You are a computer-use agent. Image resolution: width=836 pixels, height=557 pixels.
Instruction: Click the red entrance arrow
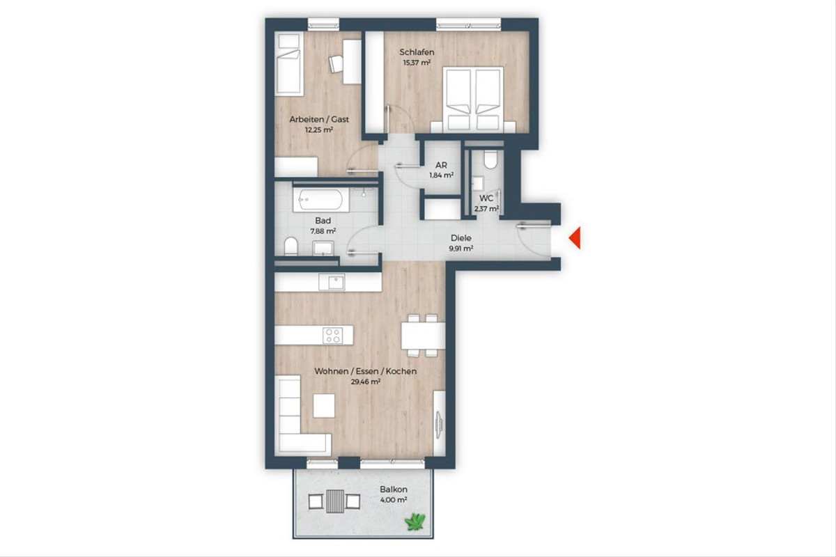575,238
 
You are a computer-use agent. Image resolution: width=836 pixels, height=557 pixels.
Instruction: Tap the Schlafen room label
417,52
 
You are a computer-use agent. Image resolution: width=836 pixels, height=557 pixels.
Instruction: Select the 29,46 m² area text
366,382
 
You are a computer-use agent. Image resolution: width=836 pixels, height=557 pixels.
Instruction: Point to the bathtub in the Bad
321,200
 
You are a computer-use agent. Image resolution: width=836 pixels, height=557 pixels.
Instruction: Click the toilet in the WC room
490,159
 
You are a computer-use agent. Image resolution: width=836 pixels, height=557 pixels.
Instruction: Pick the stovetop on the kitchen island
332,335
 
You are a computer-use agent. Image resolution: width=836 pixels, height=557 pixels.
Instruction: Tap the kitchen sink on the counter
332,282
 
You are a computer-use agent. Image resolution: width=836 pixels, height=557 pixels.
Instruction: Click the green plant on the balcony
415,521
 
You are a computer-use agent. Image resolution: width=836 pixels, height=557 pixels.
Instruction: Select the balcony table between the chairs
335,501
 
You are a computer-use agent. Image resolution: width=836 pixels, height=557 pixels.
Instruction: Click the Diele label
461,238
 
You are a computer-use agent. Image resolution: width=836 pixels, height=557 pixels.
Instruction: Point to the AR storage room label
441,165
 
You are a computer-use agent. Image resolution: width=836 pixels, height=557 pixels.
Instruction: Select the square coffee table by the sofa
323,405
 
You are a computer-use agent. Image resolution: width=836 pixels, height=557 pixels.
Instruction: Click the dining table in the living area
423,336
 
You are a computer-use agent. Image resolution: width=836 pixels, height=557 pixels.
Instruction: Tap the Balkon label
394,489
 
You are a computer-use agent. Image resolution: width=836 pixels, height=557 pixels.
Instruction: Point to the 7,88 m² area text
323,231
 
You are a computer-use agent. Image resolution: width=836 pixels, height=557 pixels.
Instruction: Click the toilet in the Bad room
291,246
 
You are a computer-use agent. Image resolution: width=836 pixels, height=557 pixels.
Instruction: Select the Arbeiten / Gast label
319,119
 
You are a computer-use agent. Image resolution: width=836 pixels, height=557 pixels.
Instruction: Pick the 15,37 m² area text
417,63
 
